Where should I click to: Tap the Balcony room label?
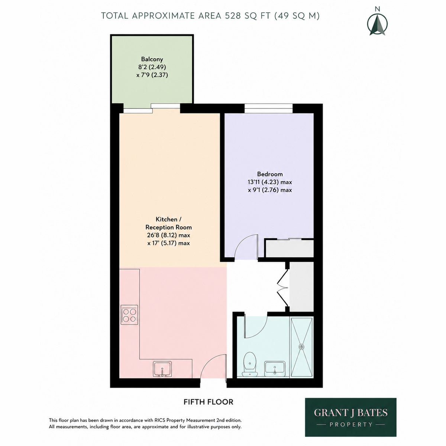[152, 59]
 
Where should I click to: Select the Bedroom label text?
[270, 174]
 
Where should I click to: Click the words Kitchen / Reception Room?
[168, 223]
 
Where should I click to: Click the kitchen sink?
[162, 376]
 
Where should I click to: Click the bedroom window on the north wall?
[268, 108]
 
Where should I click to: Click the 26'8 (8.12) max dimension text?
[168, 235]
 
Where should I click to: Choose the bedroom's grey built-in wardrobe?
[289, 249]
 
